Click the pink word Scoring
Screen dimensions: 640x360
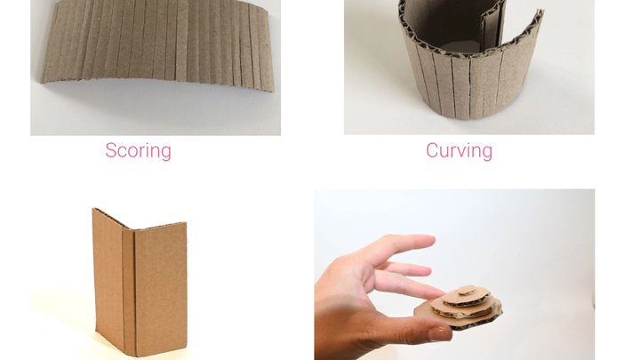tap(138, 150)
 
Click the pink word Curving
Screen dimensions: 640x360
tap(460, 150)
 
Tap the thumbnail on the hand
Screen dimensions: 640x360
tap(440, 334)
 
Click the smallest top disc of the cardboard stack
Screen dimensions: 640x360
tap(467, 291)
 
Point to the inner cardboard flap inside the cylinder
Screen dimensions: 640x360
tap(492, 28)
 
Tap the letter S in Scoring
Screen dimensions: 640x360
tap(111, 150)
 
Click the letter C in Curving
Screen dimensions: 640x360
tap(433, 150)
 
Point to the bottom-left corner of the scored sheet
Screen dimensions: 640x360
tap(41, 83)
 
